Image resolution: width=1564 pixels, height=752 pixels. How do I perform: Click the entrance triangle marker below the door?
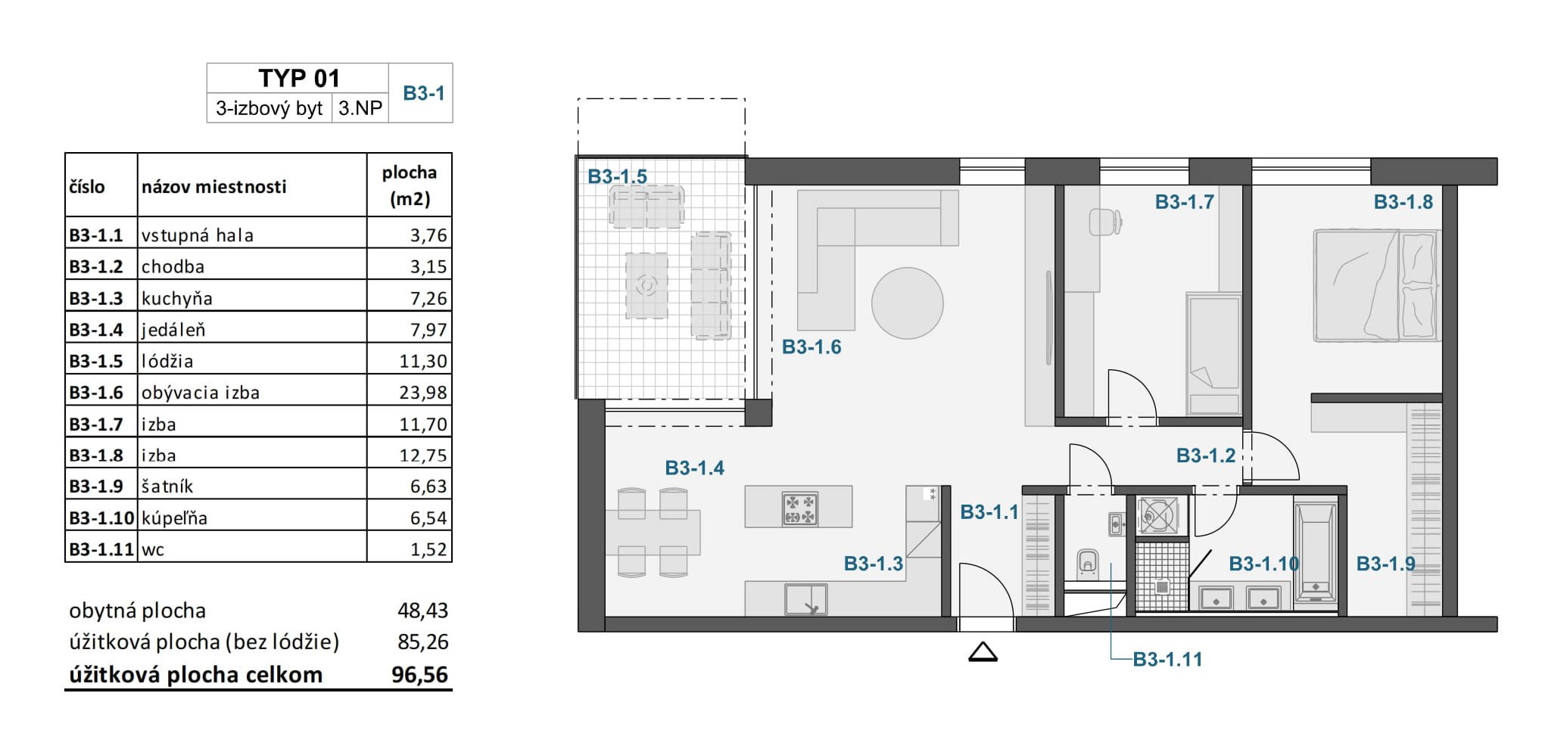click(983, 652)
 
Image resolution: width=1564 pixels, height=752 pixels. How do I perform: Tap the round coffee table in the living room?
click(907, 303)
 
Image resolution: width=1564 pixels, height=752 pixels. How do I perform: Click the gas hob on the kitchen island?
click(799, 508)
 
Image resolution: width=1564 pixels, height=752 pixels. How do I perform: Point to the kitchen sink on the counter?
click(805, 600)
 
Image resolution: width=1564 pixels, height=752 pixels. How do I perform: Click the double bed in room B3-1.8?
click(1376, 285)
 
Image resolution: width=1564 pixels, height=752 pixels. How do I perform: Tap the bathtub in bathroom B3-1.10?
click(1316, 551)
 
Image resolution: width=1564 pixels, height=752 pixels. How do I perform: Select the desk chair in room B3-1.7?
click(1104, 222)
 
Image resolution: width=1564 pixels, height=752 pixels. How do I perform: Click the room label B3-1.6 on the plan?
click(811, 347)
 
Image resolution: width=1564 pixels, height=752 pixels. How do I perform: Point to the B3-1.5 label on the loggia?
click(617, 176)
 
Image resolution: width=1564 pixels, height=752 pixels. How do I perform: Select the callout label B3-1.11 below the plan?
click(1167, 660)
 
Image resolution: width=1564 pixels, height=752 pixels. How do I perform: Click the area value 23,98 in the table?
click(423, 393)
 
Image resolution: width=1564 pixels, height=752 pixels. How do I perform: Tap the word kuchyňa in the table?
click(176, 299)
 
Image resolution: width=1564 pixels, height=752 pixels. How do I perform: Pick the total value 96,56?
click(419, 674)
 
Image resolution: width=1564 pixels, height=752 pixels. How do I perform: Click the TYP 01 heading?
click(299, 78)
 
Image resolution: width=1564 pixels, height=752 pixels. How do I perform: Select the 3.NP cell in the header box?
click(360, 108)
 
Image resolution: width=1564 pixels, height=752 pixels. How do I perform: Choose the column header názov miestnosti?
click(213, 186)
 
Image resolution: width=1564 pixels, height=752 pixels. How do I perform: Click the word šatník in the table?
click(167, 486)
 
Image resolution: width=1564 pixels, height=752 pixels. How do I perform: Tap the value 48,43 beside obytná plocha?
click(422, 610)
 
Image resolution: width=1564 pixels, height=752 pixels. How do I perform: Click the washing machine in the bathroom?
click(1158, 516)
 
